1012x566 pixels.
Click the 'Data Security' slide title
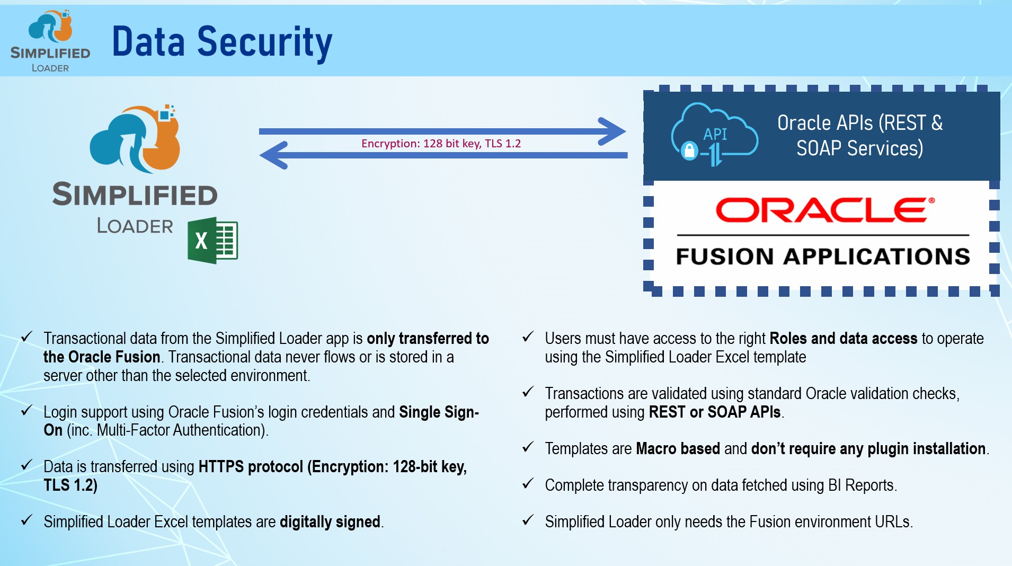tap(222, 42)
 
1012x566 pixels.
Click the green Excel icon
tap(212, 240)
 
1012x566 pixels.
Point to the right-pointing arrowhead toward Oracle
tap(612, 131)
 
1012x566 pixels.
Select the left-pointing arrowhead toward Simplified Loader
tap(274, 155)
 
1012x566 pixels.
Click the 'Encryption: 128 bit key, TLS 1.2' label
tap(441, 143)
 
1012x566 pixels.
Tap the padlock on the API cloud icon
tap(689, 151)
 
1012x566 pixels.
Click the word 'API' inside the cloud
tap(715, 134)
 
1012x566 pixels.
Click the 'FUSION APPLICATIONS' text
tap(823, 257)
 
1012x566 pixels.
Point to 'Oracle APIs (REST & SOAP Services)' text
tap(859, 136)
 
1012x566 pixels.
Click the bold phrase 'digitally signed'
tap(330, 522)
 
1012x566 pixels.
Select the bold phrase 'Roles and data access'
tap(843, 339)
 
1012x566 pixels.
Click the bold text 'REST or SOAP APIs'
tap(715, 412)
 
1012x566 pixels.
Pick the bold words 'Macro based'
tap(678, 449)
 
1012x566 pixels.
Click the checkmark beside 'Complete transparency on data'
tap(528, 484)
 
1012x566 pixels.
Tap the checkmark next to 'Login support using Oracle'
tap(26, 411)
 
